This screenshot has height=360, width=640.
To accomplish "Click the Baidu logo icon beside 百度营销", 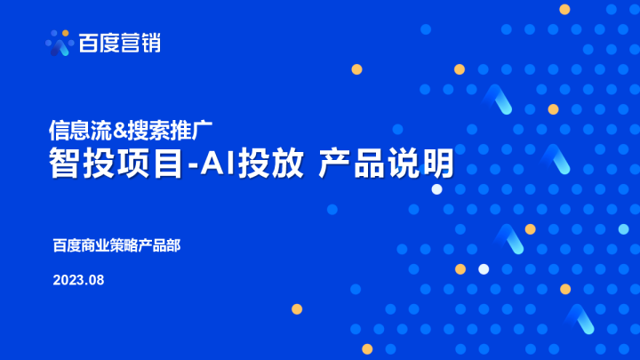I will pos(59,42).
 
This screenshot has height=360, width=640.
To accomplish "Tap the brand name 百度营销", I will pos(119,42).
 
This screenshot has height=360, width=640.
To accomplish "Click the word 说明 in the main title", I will pos(426,164).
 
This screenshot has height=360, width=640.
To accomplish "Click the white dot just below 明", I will pos(436,189).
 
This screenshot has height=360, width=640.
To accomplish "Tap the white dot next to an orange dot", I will pos(484,268).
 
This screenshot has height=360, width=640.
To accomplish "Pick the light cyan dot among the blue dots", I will pos(623,229).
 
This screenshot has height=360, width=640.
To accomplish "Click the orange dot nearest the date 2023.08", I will pos(297,308).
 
